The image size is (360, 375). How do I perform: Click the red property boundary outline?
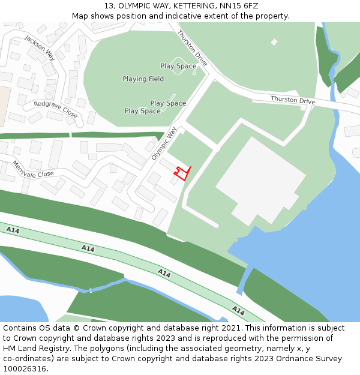pyautogui.click(x=182, y=173)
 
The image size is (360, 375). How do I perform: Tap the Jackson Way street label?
pyautogui.click(x=40, y=47)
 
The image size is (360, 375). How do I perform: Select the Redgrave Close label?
pyautogui.click(x=56, y=109)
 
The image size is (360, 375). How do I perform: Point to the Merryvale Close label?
pyautogui.click(x=33, y=170)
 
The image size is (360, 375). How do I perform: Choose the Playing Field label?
pyautogui.click(x=143, y=79)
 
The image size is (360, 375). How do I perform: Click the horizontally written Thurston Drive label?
pyautogui.click(x=292, y=100)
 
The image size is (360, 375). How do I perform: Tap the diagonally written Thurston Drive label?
pyautogui.click(x=192, y=49)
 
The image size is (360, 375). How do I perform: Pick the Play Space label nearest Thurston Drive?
pyautogui.click(x=178, y=66)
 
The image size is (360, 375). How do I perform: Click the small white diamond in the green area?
pyautogui.click(x=274, y=42)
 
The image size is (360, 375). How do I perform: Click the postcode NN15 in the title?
pyautogui.click(x=218, y=6)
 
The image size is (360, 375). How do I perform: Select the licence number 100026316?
pyautogui.click(x=25, y=368)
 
